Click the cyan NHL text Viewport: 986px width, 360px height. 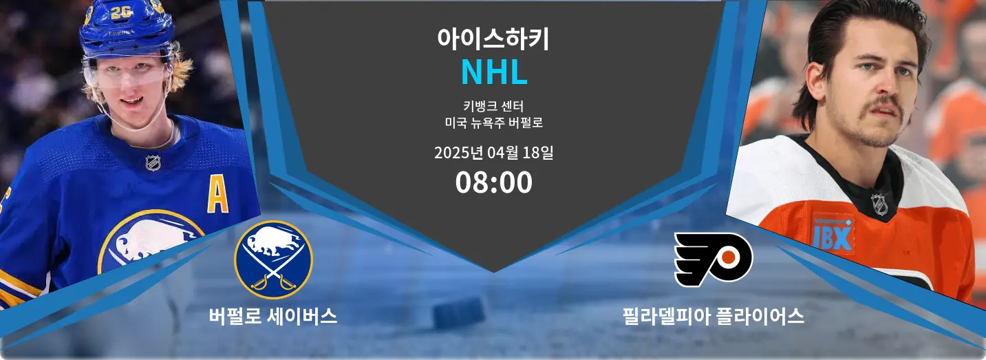click(x=494, y=72)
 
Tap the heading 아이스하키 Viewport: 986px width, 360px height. click(x=493, y=39)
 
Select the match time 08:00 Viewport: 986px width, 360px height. click(x=493, y=182)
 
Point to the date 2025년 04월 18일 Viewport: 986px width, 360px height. click(x=493, y=153)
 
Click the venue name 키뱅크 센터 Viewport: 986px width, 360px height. click(x=493, y=106)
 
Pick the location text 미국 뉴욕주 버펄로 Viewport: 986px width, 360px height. click(x=493, y=123)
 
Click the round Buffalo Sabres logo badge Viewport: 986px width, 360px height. click(x=273, y=260)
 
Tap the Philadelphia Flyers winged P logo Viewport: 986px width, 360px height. click(x=714, y=259)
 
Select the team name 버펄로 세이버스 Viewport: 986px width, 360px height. click(x=273, y=316)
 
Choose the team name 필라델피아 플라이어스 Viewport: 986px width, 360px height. click(x=714, y=316)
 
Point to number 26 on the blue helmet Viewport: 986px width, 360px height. click(x=121, y=12)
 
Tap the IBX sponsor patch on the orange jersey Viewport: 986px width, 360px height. click(x=833, y=234)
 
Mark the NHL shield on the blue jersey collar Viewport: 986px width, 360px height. click(x=153, y=163)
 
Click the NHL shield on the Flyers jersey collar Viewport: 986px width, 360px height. click(x=879, y=204)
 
